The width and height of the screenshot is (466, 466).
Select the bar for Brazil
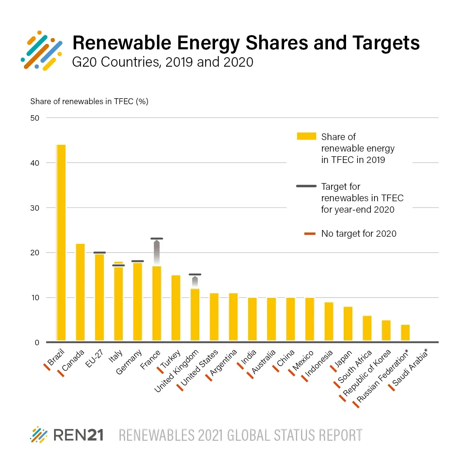pos(61,243)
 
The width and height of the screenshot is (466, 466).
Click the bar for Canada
pos(80,292)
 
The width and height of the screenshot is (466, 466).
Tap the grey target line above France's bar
pos(157,239)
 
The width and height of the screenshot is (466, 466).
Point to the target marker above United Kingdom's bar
pos(195,274)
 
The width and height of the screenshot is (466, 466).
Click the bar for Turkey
pos(176,308)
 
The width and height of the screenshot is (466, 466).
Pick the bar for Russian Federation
pos(405,333)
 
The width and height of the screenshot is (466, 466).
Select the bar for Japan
pos(348,324)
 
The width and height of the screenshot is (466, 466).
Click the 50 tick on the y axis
pos(35,118)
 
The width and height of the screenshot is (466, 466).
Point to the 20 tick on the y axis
pos(35,253)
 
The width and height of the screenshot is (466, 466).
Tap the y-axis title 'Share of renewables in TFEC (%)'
pos(89,101)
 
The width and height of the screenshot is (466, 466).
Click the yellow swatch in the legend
pos(306,137)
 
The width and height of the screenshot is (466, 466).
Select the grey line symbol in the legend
pos(306,186)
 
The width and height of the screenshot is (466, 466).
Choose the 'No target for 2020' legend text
pos(359,234)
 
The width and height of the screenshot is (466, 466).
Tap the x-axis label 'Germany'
pos(129,362)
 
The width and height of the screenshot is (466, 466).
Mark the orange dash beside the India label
pos(240,366)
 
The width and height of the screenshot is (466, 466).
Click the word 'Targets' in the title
pos(386,43)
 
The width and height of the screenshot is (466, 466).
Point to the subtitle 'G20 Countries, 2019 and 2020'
pos(163,62)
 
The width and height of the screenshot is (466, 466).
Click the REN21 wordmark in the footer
pos(78,435)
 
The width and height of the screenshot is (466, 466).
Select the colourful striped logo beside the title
pos(42,51)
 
